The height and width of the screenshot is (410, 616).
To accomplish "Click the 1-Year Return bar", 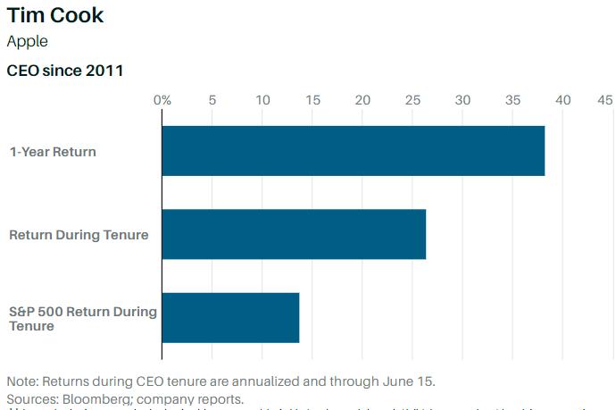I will (x=353, y=151).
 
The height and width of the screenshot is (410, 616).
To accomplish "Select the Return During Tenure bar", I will (x=294, y=234).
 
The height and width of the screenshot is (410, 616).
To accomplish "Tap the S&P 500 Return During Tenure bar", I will (x=230, y=317).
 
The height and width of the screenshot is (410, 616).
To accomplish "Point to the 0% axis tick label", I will (x=162, y=100).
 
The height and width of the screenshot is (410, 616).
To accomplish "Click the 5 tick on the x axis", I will (x=212, y=100).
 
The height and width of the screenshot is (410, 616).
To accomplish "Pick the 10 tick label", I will (x=262, y=100).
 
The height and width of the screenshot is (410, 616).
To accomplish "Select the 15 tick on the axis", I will (x=312, y=100).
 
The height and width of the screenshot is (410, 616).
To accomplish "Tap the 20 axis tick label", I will (x=362, y=100).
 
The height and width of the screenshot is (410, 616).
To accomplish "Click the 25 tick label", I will (x=412, y=100).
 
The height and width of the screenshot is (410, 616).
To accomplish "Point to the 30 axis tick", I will (x=462, y=100).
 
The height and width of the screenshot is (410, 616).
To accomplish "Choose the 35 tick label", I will (x=512, y=100).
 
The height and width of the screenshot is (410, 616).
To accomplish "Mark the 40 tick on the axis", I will (x=562, y=100).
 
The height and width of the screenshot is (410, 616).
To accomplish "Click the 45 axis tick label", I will (x=605, y=100).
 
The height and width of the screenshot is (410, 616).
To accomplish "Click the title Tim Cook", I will (x=55, y=15).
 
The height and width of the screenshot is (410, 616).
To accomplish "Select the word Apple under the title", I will (x=27, y=41).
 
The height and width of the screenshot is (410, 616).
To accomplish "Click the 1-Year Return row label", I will (x=53, y=152).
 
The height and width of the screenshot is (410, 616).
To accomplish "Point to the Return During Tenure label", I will (x=79, y=235).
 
